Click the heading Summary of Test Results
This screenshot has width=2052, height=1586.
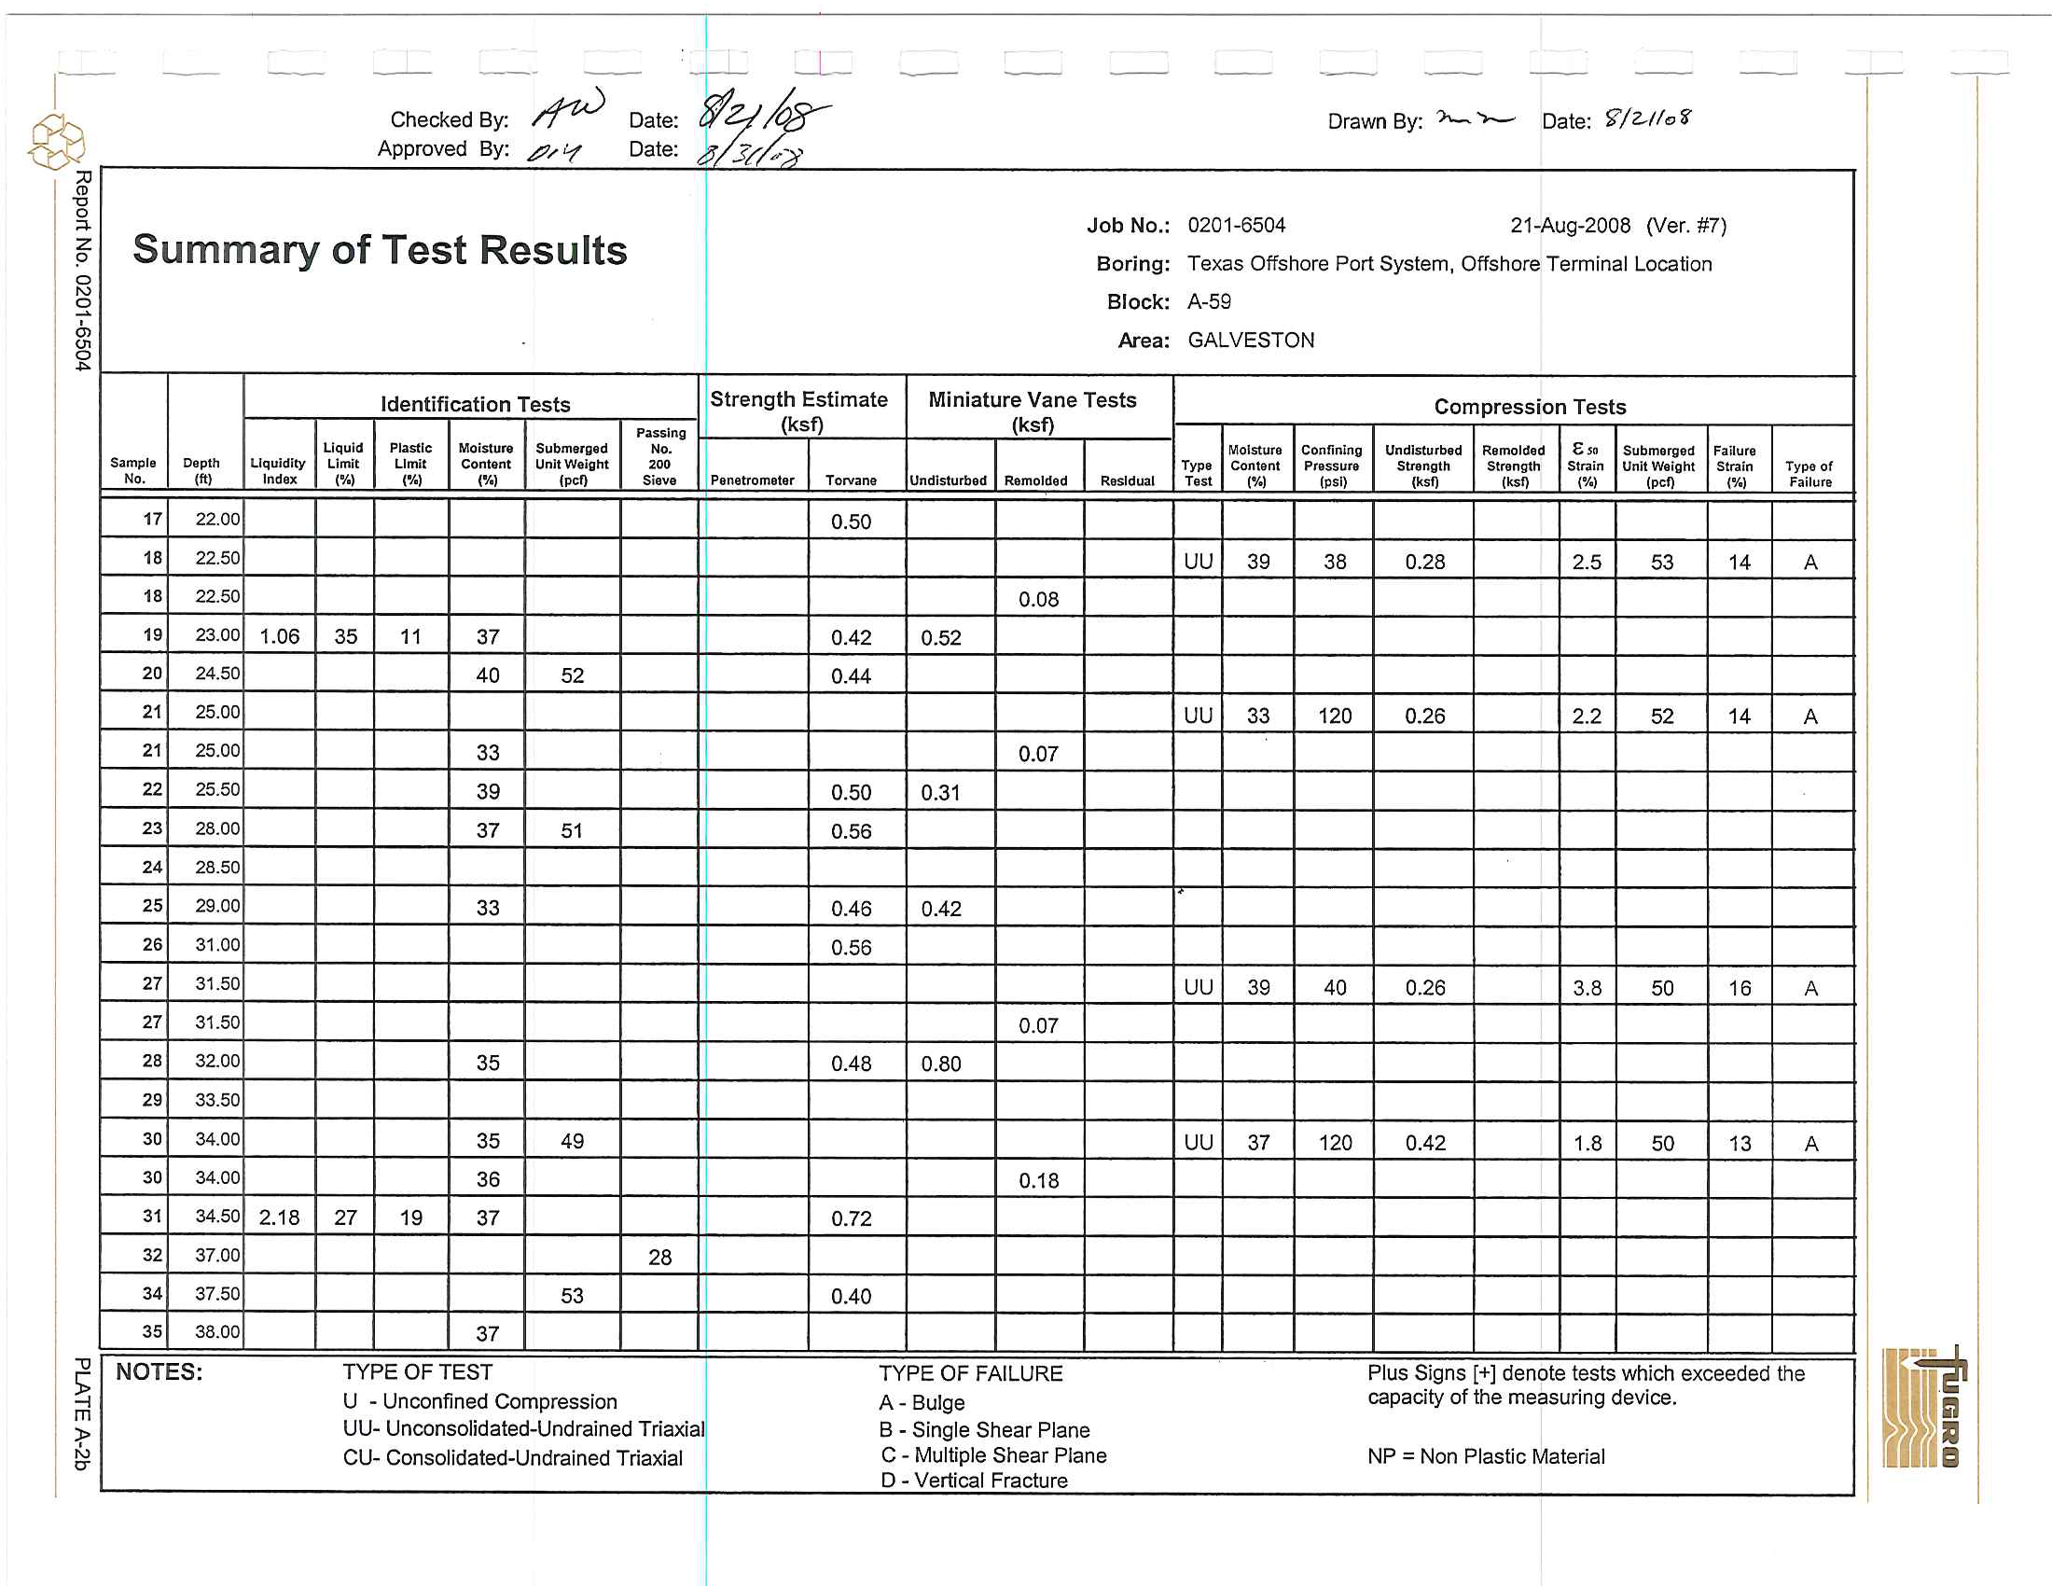[x=380, y=250]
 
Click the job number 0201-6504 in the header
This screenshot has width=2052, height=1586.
[x=1237, y=226]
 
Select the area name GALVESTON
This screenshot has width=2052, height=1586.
[x=1251, y=341]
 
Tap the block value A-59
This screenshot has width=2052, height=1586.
[x=1209, y=301]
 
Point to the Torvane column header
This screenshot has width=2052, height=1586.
[x=851, y=480]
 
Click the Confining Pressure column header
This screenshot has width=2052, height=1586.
[x=1331, y=466]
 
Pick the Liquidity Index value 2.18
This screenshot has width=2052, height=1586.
[x=279, y=1217]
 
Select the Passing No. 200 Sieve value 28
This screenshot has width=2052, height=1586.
[x=659, y=1258]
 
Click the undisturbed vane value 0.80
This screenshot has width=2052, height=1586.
[x=940, y=1064]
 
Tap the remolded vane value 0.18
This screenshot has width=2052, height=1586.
[x=1038, y=1180]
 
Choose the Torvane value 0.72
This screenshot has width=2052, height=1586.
[x=851, y=1218]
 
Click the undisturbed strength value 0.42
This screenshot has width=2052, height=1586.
[x=1424, y=1143]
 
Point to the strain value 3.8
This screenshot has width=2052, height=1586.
[x=1587, y=987]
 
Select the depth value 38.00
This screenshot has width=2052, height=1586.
[x=217, y=1331]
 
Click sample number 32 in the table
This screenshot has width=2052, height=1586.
[x=152, y=1255]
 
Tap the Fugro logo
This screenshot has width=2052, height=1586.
[x=1924, y=1408]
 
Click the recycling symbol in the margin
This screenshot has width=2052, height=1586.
[x=56, y=142]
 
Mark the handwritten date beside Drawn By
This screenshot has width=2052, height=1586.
[x=1647, y=118]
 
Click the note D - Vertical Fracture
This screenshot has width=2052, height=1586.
[x=975, y=1481]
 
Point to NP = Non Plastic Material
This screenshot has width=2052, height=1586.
[x=1486, y=1456]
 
